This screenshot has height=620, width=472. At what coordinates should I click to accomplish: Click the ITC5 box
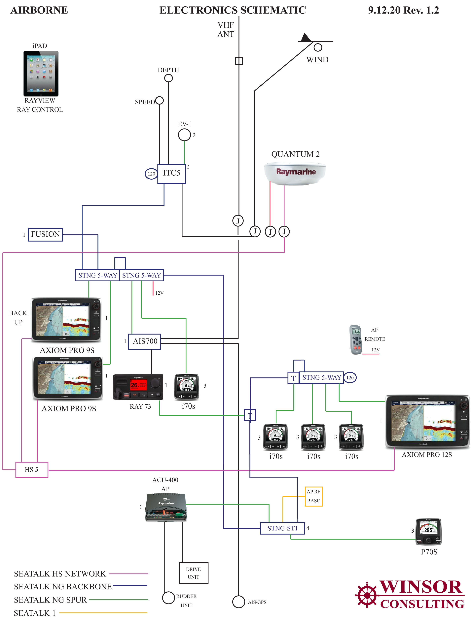(x=171, y=174)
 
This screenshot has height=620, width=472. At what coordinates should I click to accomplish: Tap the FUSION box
(x=45, y=235)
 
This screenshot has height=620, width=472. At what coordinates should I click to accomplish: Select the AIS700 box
(x=144, y=341)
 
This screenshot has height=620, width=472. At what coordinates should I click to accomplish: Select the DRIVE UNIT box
(x=194, y=573)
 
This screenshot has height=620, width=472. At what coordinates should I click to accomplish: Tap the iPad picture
(x=41, y=74)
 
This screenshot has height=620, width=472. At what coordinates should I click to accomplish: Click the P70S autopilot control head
(x=428, y=532)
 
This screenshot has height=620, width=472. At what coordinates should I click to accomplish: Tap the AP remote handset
(x=356, y=340)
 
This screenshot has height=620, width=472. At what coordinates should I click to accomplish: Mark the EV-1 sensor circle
(x=184, y=135)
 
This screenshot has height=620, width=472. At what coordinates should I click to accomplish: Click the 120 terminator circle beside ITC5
(x=151, y=174)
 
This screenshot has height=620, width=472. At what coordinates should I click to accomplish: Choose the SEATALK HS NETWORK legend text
(x=60, y=574)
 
